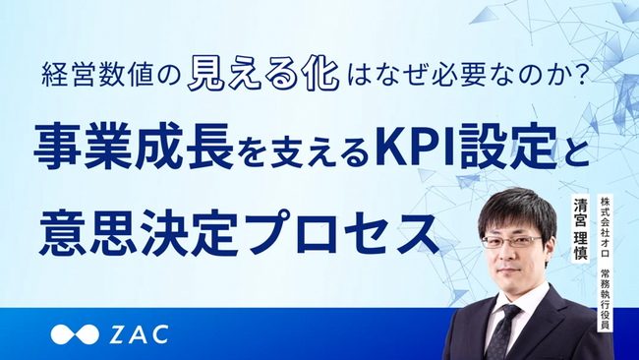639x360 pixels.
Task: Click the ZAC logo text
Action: coord(137,333)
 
